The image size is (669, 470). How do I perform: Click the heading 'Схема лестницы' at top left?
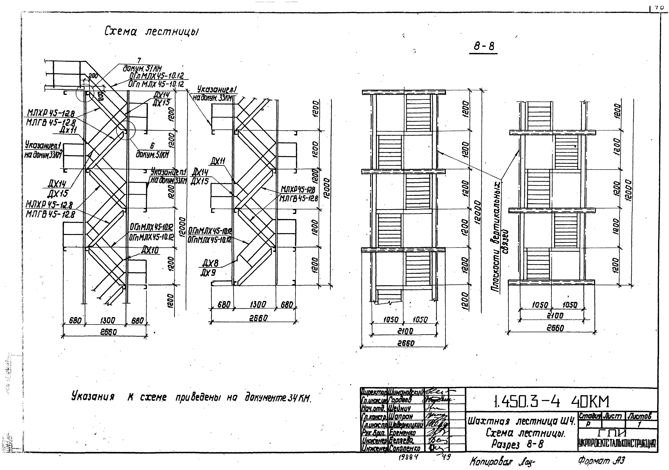[x=152, y=32]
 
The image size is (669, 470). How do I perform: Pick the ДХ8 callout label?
[x=210, y=263]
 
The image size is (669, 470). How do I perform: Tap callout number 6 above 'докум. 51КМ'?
[x=152, y=146]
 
